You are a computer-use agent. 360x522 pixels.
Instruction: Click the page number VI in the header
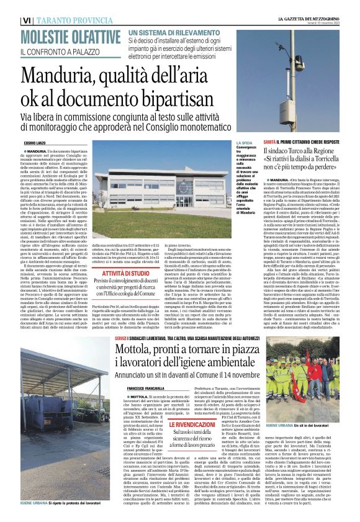(27, 20)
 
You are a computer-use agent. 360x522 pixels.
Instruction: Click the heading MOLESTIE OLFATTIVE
(65, 35)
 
